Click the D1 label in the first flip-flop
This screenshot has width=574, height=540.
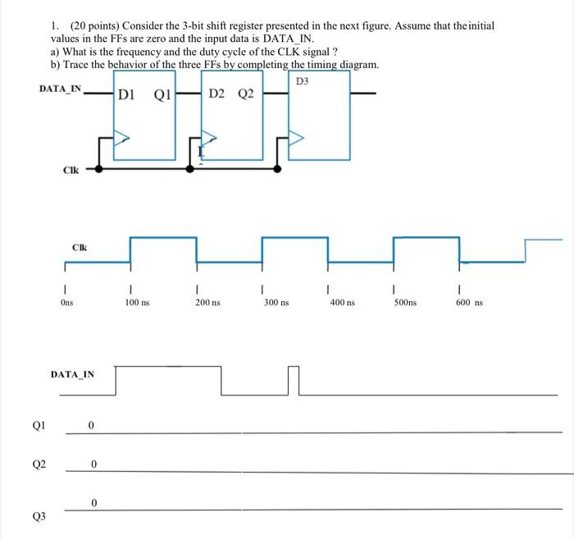tap(126, 94)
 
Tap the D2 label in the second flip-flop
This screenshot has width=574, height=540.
tap(217, 94)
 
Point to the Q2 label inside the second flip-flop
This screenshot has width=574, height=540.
tap(246, 94)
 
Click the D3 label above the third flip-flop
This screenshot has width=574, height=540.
tap(302, 81)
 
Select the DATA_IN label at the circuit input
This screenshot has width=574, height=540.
tap(60, 88)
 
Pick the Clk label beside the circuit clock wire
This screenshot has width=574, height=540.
tap(71, 171)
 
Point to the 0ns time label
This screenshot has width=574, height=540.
tap(66, 303)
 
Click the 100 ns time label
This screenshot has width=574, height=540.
tap(137, 303)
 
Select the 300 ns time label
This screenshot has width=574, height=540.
tap(276, 303)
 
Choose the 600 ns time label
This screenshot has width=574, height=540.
tap(469, 303)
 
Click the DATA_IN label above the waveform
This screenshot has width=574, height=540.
tap(72, 374)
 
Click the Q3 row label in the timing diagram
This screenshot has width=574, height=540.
tap(39, 517)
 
